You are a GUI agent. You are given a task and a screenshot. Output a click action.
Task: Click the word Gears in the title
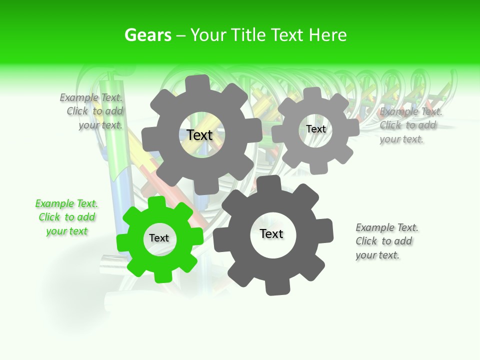point(147,35)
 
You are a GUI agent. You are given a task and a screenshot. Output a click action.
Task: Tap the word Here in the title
point(327,35)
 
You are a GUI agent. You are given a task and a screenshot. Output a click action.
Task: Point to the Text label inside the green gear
point(159,238)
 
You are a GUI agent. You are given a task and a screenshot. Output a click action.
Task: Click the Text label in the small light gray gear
point(315,129)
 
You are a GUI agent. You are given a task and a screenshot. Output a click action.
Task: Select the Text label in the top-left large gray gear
point(199,135)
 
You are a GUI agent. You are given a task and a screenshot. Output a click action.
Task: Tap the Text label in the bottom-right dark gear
point(271,234)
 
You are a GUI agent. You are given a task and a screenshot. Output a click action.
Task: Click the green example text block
point(66,217)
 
